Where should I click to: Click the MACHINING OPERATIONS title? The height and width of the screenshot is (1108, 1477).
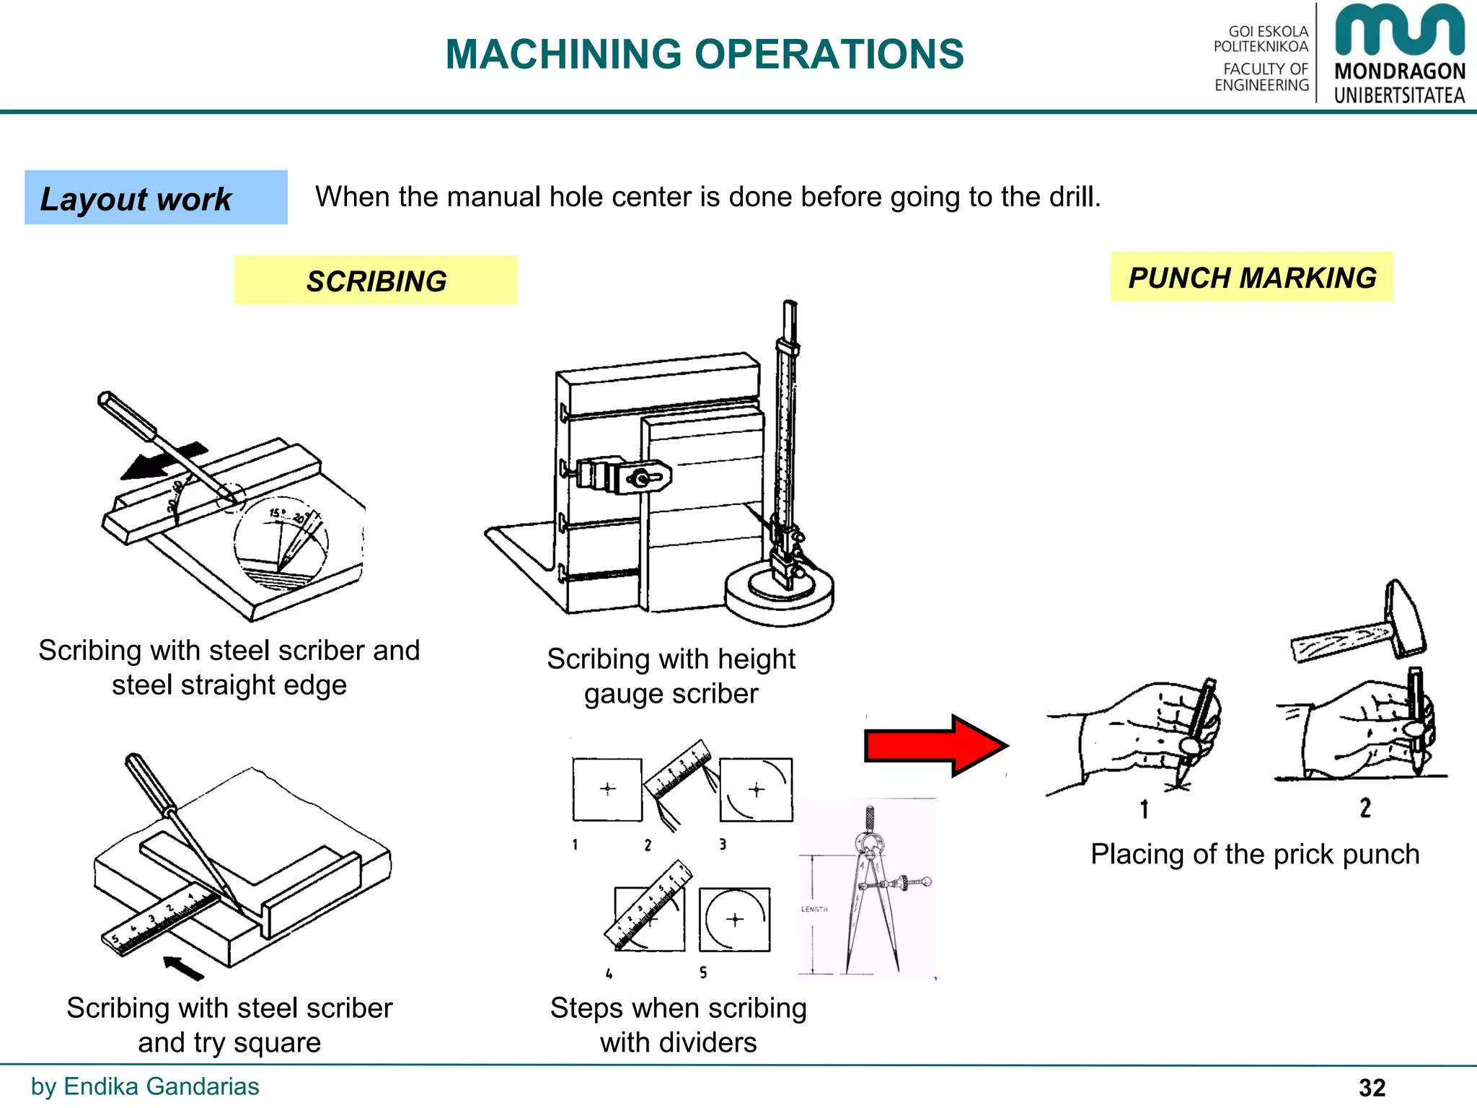(704, 54)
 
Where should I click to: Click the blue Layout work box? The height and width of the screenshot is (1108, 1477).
(156, 198)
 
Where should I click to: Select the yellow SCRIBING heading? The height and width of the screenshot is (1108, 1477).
(376, 281)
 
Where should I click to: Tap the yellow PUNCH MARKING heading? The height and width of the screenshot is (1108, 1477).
(1251, 277)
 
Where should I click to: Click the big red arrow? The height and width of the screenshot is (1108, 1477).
(935, 746)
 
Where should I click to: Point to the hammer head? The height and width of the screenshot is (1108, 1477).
(1403, 619)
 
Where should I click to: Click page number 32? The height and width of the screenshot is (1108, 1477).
(1372, 1087)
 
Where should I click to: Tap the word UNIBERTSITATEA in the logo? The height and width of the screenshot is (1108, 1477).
(1399, 95)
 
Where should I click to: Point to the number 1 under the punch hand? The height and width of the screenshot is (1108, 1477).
(1144, 809)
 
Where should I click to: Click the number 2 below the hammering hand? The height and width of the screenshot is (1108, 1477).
(1365, 807)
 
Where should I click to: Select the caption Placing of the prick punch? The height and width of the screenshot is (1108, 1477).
(1254, 854)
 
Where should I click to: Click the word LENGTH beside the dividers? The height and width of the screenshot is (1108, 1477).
(814, 909)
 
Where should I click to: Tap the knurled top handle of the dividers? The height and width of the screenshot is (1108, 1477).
(870, 819)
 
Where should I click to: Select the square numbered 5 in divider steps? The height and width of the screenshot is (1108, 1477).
(734, 919)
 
